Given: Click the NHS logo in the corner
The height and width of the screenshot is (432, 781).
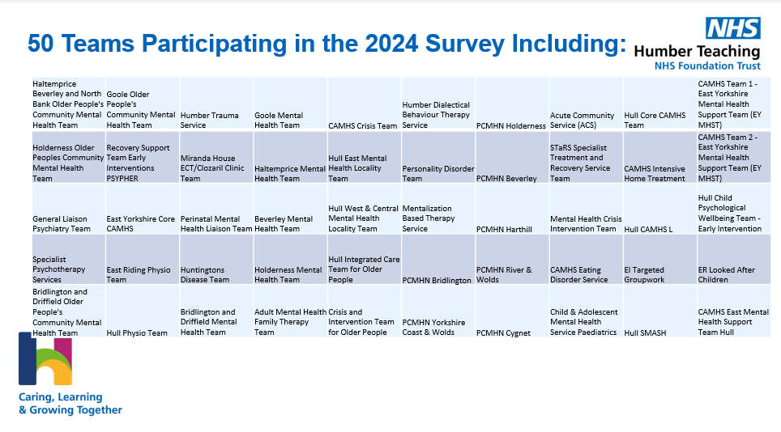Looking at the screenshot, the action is pos(732,28).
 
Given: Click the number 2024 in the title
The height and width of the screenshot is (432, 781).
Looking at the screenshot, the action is pos(391,43).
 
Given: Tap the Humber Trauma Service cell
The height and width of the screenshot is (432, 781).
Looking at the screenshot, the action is pos(216,104).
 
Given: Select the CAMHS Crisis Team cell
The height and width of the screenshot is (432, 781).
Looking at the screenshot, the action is pos(365,104).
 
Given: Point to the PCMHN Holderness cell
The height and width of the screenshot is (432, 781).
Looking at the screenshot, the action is pos(513,104).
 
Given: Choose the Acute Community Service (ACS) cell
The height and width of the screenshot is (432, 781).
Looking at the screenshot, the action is pos(587,104).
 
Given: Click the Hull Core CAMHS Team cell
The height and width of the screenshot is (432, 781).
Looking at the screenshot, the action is pos(660,104).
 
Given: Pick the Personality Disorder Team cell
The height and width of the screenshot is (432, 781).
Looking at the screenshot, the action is pos(438,158).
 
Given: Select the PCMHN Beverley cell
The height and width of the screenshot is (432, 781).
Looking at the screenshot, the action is pos(513,158).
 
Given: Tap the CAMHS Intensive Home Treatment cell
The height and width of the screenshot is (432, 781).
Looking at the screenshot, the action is pos(660,158).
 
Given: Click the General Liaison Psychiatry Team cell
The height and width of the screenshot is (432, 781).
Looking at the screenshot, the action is pos(69,210).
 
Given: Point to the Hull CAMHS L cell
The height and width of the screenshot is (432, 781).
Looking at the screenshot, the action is pos(660,210).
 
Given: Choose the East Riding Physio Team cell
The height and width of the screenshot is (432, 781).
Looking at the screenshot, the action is pos(143,260).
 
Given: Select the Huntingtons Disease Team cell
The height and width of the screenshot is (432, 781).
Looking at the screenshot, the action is pos(216,260).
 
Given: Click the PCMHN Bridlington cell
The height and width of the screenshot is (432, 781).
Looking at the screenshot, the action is pos(438,260).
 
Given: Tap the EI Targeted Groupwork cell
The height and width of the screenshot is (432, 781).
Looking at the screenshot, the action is pos(660,260).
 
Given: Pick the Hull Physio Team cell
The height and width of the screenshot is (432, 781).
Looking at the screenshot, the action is pos(143,311).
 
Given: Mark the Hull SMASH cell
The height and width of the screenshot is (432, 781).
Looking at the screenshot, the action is pos(660,311).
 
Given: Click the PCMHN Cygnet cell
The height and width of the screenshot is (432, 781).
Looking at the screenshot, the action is pos(513,311).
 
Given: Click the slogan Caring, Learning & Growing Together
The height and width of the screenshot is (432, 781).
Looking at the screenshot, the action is pos(70,403).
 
